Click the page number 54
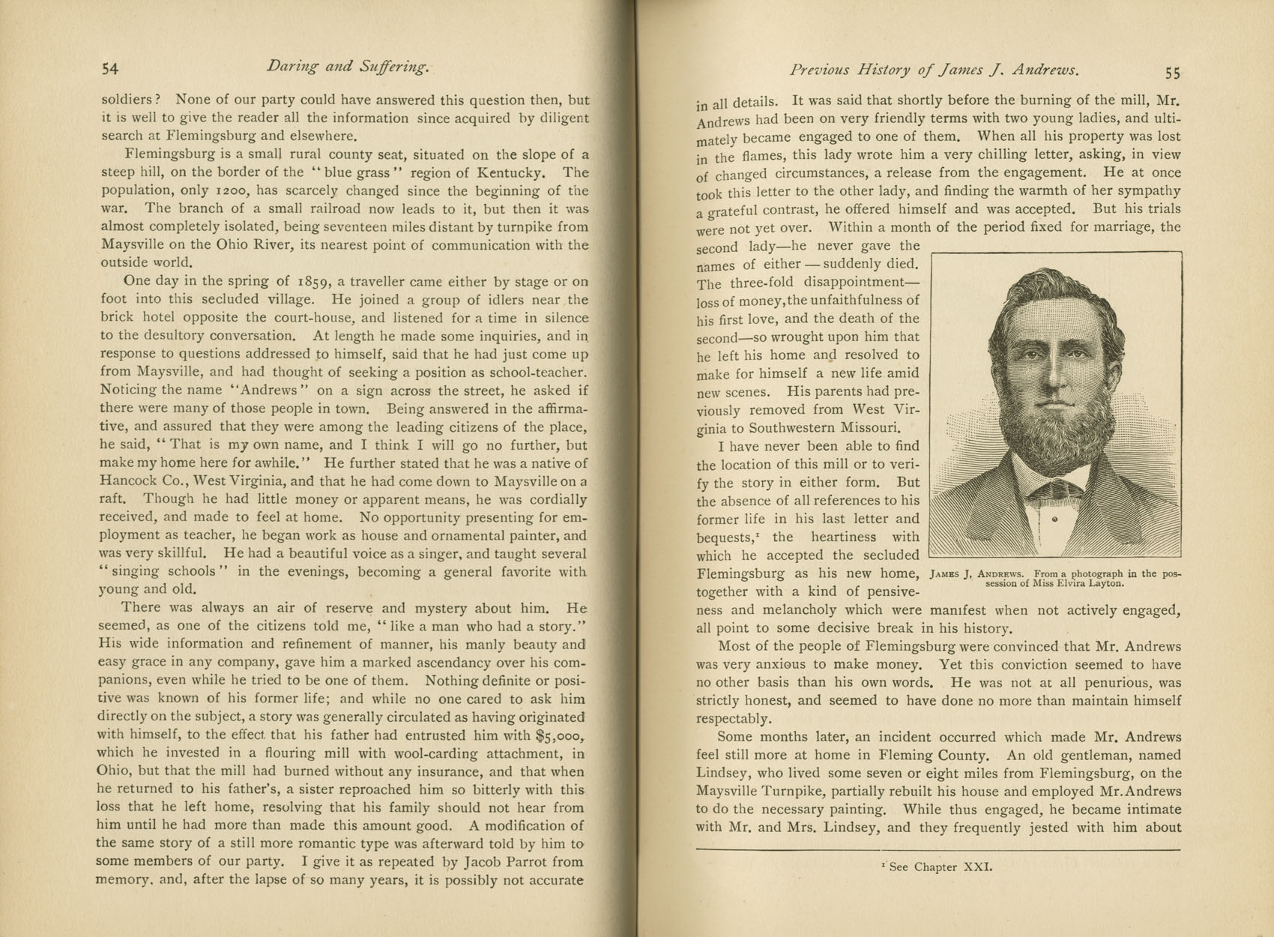point(109,69)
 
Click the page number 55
point(1173,73)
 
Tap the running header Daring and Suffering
point(348,67)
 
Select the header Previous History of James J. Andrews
point(934,70)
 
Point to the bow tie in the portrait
point(1055,489)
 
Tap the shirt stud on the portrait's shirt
point(1054,519)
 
